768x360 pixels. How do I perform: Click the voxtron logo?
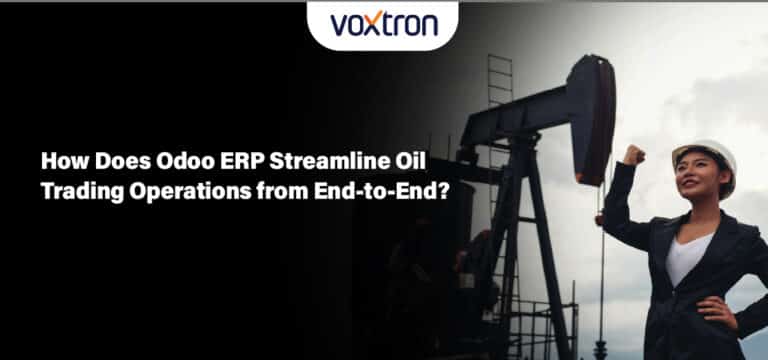tap(384, 24)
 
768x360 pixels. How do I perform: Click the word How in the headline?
tap(60, 159)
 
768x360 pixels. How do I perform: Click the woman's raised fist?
tap(632, 155)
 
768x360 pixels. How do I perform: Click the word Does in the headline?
tap(111, 159)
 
